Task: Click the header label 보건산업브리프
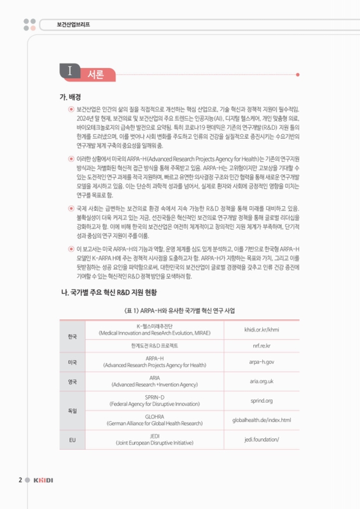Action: click(68, 26)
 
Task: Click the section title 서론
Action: click(95, 73)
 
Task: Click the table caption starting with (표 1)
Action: click(180, 310)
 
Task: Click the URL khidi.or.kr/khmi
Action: click(261, 330)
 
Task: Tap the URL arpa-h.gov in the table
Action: click(261, 362)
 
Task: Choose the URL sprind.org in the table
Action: click(261, 401)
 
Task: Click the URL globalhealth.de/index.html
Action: click(261, 420)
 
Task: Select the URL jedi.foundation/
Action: click(261, 439)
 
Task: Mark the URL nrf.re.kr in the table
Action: click(261, 345)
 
